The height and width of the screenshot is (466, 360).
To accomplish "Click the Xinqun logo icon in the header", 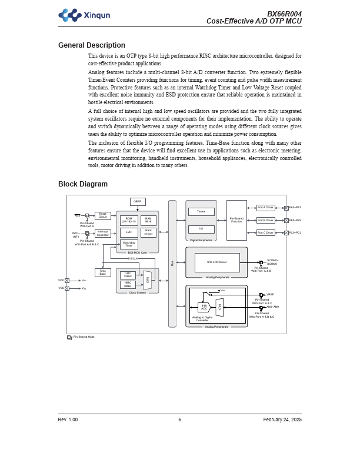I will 70,15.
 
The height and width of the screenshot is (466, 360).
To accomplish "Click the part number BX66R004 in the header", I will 284,14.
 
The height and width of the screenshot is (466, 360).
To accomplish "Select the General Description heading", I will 91,45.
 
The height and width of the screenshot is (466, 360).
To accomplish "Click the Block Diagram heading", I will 82,184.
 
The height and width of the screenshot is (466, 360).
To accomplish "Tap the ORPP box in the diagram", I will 138,201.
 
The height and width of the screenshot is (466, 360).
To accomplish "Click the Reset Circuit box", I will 102,215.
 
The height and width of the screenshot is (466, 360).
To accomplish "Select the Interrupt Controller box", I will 102,234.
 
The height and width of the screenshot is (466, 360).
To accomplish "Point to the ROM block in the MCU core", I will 129,220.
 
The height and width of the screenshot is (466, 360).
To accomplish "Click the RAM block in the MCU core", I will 148,220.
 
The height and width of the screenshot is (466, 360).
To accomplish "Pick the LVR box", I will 129,232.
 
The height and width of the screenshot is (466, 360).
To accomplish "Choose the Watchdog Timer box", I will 129,244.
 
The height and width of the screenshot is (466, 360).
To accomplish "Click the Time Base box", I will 102,272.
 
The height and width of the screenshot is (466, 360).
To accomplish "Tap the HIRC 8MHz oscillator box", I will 128,284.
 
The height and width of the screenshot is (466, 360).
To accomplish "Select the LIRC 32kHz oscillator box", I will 128,275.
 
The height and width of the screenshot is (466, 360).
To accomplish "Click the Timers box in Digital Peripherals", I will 201,211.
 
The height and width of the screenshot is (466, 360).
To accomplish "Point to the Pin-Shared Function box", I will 236,220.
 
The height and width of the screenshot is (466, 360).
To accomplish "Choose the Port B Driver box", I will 265,220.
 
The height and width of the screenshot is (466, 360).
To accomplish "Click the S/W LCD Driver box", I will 217,262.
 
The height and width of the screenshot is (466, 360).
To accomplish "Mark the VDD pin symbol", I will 67,281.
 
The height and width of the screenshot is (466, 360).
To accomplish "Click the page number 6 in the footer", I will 180,420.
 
